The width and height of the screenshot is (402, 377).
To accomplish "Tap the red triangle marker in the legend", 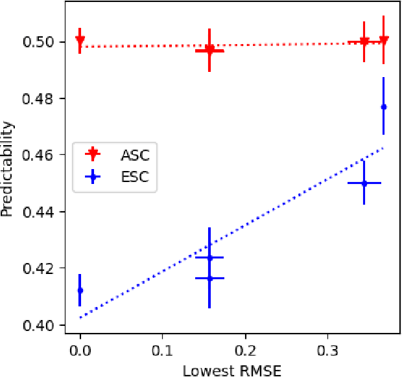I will [93, 154].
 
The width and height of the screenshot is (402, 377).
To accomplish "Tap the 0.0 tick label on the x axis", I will [80, 350].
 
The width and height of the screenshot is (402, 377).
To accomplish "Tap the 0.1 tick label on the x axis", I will [162, 350].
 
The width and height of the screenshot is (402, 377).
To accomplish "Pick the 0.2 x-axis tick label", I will [244, 350].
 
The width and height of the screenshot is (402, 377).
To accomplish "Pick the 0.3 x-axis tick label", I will [327, 350].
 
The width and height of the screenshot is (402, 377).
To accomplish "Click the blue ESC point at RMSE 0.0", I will [80, 290].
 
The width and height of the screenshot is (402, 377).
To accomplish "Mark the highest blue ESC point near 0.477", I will [383, 106].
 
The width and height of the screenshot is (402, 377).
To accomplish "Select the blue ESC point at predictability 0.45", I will [364, 183].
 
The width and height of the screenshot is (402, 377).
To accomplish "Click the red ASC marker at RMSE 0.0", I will [80, 40].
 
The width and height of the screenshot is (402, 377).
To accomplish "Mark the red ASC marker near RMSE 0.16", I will [209, 50].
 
